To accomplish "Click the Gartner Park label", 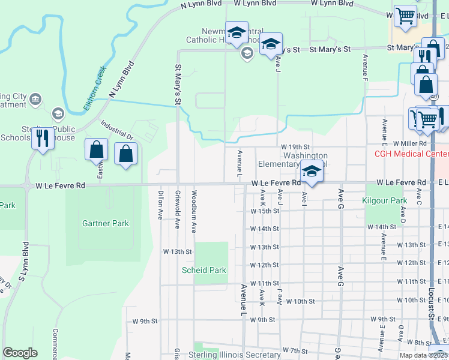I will coord(105,223).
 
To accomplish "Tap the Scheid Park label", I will coord(204,270).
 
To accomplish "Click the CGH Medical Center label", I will coord(411,154).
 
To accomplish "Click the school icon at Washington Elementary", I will coord(312,172).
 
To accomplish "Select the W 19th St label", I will coord(295,146).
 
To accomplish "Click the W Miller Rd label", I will coord(410,143).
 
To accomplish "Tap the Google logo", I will coord(20,353).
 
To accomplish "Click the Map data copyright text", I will coord(424,355).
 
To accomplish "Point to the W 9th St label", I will coord(145,321).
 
